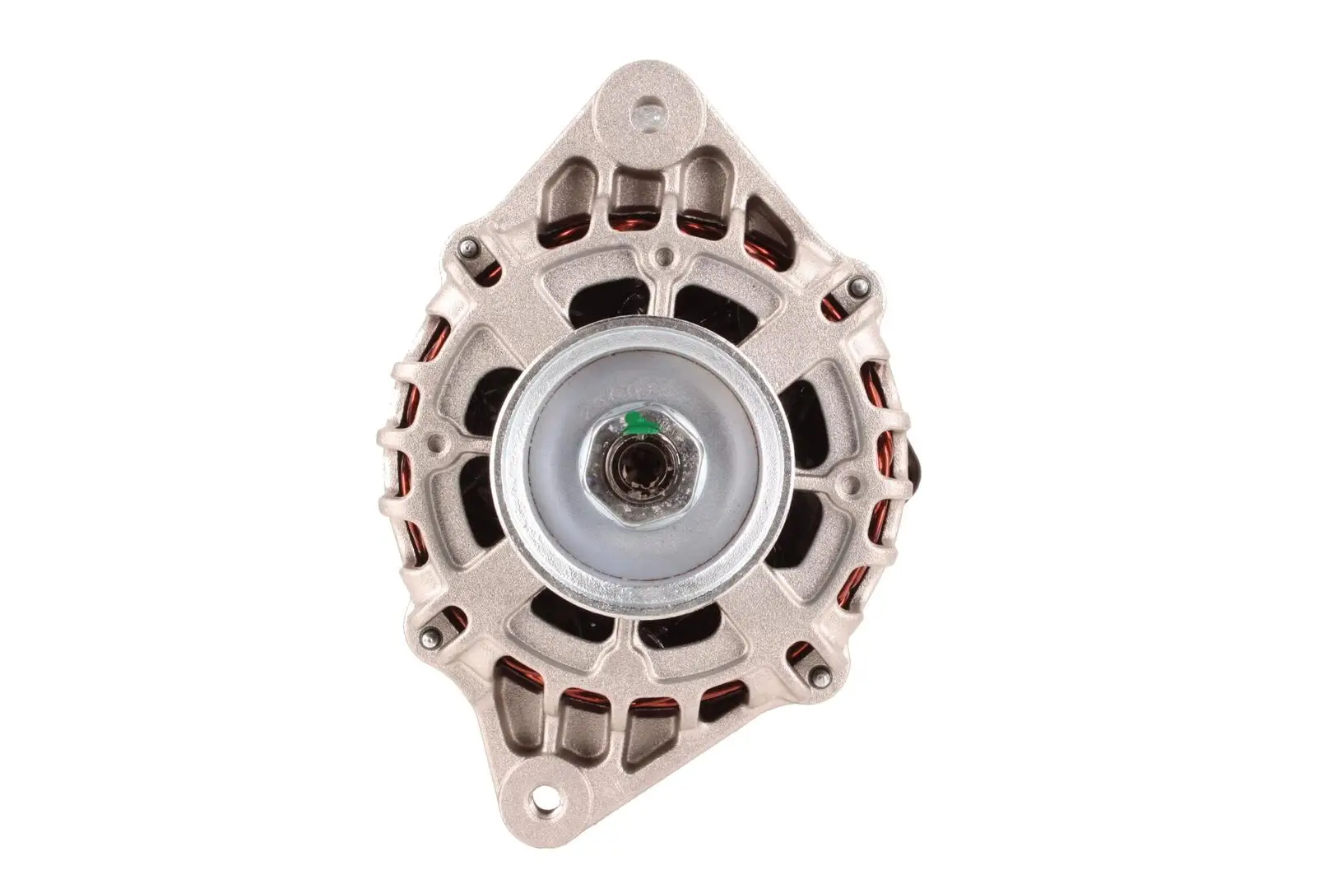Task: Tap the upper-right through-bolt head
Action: click(x=858, y=286)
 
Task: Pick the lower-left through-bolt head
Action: click(x=428, y=635)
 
